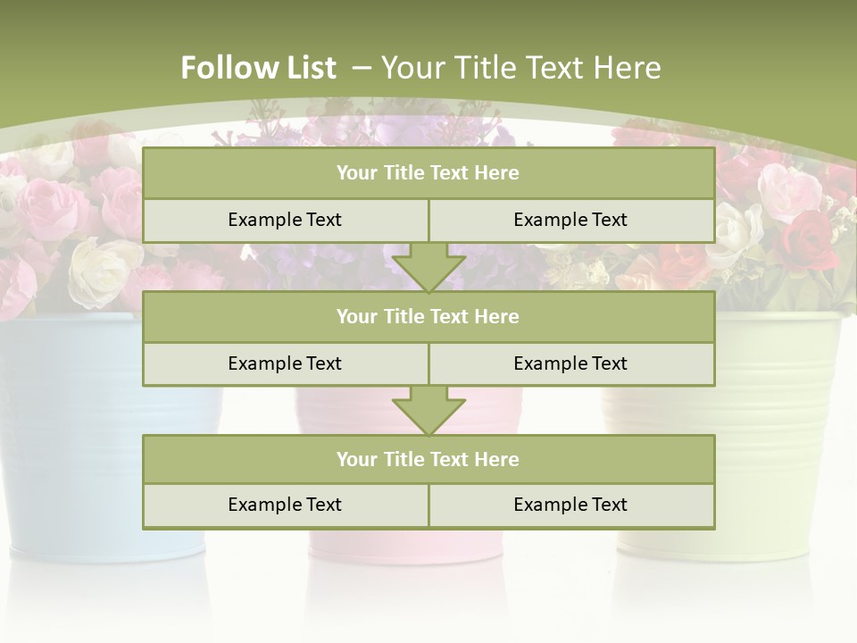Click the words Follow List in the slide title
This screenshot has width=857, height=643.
(258, 68)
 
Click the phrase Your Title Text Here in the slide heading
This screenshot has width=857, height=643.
(521, 68)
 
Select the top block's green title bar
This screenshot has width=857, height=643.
(428, 173)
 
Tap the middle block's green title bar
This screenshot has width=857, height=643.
(428, 316)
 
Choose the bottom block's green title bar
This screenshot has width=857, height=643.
(428, 459)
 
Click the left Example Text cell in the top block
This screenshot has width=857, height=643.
(285, 220)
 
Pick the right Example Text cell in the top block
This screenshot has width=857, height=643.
(570, 220)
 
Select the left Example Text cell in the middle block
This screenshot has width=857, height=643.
(285, 363)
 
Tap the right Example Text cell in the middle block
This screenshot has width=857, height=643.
(570, 363)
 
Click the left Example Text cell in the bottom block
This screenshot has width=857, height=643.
(285, 505)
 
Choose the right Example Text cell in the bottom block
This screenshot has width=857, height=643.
(570, 505)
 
